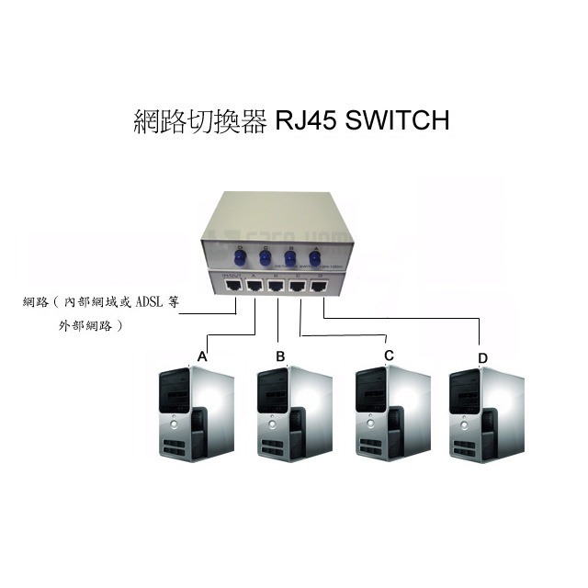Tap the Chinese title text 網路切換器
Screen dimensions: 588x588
[198, 120]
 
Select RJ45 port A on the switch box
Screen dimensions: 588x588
[254, 286]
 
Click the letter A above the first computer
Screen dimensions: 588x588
[202, 355]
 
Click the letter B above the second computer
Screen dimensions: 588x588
[281, 356]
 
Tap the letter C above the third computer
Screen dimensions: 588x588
[389, 355]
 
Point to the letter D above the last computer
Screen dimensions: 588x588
[483, 357]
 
